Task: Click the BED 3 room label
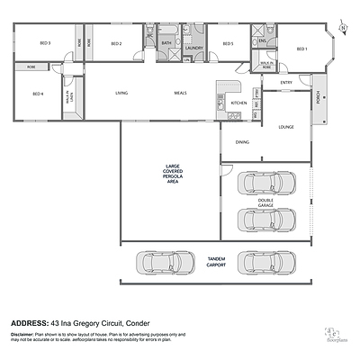[44, 43]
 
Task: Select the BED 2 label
[116, 43]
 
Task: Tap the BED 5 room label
[228, 43]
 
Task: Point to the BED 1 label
[302, 48]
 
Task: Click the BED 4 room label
[38, 94]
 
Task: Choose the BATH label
[166, 43]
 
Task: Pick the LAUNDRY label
[194, 48]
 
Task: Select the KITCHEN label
[238, 103]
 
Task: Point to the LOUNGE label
[286, 127]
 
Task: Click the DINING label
[242, 141]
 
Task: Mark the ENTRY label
[286, 83]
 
